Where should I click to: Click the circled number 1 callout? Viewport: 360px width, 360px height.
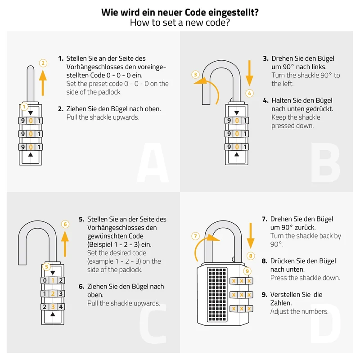tap(24, 107)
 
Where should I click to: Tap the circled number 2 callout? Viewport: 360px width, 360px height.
tap(43, 63)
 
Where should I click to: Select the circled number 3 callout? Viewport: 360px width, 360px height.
tap(195, 75)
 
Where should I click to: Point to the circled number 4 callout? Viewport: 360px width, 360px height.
tap(250, 94)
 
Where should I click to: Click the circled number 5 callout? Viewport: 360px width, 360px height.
tap(47, 267)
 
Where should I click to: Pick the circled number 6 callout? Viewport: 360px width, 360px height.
tap(65, 224)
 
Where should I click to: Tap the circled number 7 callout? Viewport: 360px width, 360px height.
tap(195, 236)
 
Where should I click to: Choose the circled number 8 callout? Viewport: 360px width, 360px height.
tap(251, 256)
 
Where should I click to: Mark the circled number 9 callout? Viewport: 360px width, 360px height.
tap(247, 271)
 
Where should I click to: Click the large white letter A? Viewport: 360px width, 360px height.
tap(153, 162)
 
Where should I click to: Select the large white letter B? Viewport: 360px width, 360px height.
tap(325, 162)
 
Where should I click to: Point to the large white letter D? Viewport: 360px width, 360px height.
tap(325, 323)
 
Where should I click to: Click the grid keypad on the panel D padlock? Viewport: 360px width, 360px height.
tap(217, 294)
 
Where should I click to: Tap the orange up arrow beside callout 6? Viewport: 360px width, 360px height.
tap(65, 244)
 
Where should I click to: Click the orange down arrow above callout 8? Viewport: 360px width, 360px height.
tap(251, 235)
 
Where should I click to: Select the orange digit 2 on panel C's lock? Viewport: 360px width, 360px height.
tap(53, 294)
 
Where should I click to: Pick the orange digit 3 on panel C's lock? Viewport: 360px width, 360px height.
tap(53, 307)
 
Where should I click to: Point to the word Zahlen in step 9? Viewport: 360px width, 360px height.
tap(281, 303)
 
